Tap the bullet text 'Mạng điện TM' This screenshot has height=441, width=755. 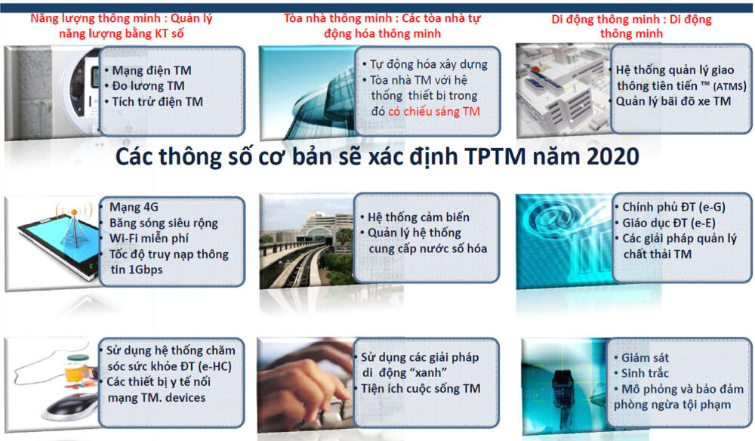click(x=152, y=70)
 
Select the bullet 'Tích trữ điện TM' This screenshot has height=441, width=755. click(x=158, y=102)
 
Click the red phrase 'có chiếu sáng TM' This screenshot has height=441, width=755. click(x=434, y=112)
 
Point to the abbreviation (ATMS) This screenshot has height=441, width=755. click(x=729, y=86)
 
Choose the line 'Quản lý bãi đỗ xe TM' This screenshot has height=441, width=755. click(x=673, y=102)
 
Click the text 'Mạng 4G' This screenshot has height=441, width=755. click(x=134, y=207)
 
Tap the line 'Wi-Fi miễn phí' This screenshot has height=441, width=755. click(x=149, y=239)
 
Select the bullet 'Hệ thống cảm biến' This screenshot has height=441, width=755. click(x=418, y=217)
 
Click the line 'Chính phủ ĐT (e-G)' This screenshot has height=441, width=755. click(x=673, y=207)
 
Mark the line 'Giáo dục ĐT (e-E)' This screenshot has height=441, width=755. click(x=669, y=223)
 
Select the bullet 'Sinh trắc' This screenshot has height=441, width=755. click(x=645, y=373)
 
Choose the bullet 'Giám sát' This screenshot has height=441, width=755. click(x=645, y=358)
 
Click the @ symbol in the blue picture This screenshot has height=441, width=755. click(x=547, y=218)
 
